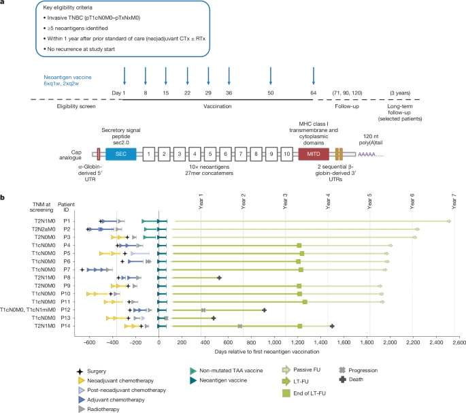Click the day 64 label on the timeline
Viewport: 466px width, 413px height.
tap(313, 91)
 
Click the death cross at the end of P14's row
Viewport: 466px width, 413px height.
tap(332, 326)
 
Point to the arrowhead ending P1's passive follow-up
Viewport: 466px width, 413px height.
tap(449, 221)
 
